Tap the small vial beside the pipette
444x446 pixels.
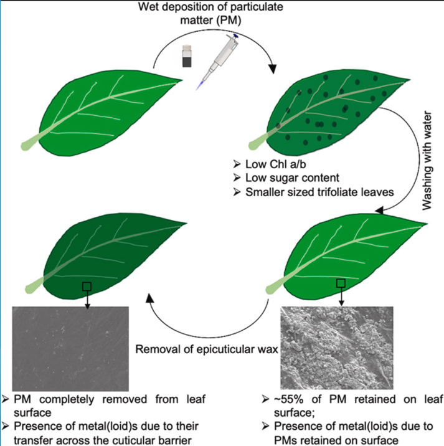(186, 55)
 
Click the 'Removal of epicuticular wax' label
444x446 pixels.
(205, 349)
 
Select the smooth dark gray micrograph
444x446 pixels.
(70, 346)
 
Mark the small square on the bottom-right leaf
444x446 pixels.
(340, 283)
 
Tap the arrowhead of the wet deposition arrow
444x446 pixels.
(272, 69)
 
